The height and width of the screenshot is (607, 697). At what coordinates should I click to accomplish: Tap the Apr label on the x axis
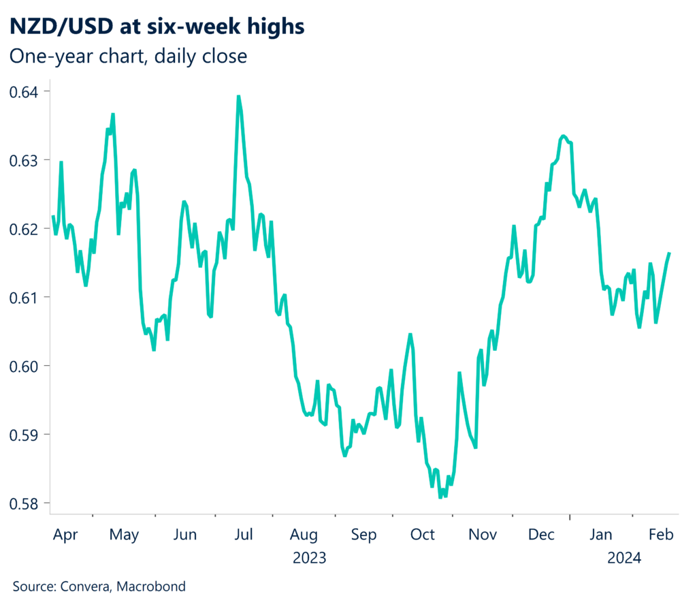(66, 535)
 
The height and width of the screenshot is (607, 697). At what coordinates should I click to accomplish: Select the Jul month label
(245, 535)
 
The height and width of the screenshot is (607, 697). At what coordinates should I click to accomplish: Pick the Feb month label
(660, 535)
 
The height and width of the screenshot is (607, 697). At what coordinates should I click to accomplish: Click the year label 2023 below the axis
(310, 559)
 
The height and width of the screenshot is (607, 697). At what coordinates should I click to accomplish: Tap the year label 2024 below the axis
(624, 559)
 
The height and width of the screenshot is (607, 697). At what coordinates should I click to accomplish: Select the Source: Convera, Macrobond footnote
(99, 586)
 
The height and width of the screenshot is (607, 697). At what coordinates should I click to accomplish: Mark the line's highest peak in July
(238, 96)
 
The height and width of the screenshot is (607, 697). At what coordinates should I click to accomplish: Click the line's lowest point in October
(440, 497)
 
